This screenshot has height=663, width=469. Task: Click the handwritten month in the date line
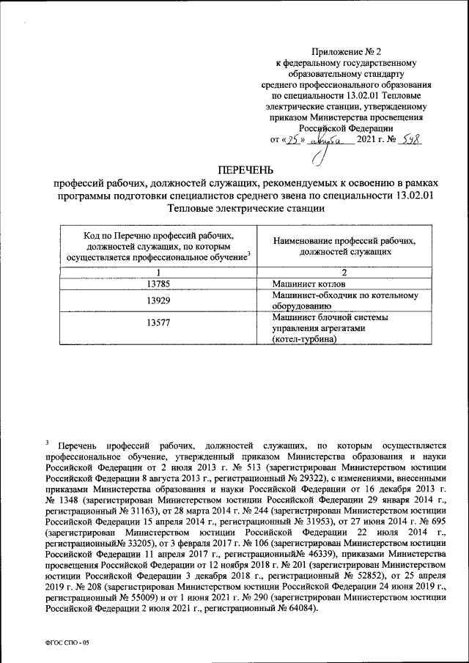coord(329,140)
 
